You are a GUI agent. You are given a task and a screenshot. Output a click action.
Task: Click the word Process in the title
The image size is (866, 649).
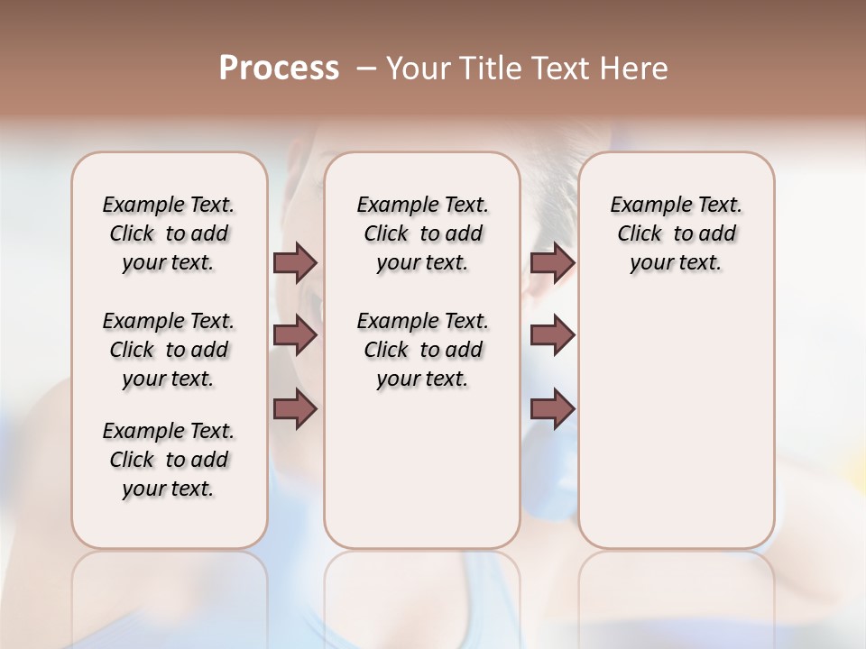tap(279, 69)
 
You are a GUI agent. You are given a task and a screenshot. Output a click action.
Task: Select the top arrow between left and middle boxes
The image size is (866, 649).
tap(294, 262)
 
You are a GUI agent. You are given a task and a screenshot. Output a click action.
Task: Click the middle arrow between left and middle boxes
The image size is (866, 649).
tap(294, 335)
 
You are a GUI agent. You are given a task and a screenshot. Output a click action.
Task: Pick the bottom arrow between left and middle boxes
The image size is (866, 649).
tap(294, 409)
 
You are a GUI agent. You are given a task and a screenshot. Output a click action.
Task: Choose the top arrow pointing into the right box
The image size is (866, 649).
tap(552, 262)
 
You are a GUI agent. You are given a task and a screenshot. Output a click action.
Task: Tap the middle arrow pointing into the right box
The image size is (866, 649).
tap(552, 335)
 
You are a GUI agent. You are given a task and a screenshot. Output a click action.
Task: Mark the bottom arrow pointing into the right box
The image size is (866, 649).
tap(552, 409)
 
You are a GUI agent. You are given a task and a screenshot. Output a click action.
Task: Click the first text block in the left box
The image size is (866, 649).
tap(169, 233)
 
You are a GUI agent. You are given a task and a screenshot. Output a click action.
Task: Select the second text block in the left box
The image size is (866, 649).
tap(169, 350)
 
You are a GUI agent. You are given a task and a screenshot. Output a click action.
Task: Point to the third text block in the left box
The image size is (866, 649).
tap(169, 460)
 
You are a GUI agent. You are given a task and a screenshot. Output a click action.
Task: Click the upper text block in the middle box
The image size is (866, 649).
tap(422, 233)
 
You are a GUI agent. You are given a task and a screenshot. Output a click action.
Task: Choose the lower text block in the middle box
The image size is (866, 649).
tap(422, 350)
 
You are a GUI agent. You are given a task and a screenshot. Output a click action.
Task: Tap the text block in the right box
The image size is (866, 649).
tap(677, 233)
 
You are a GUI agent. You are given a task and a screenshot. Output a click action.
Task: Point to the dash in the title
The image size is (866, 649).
tap(365, 69)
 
